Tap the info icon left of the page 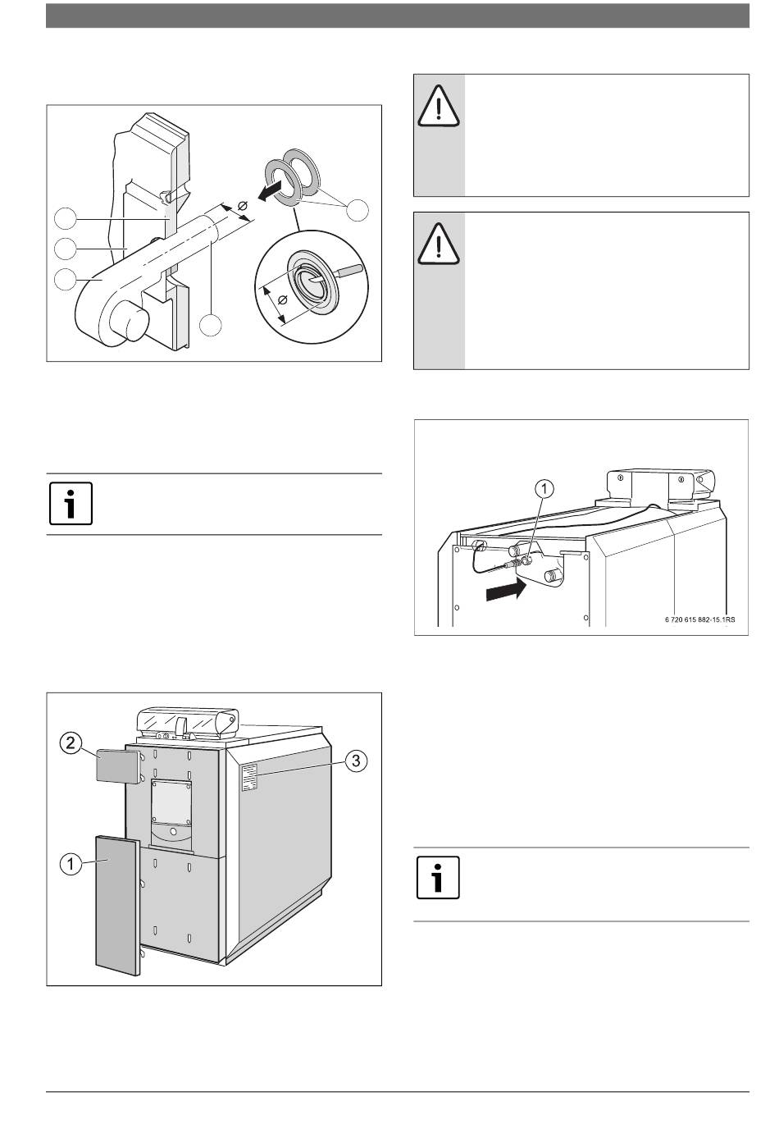(71, 504)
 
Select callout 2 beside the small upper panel (73, 745)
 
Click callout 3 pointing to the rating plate (354, 761)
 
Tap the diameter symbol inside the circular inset (283, 301)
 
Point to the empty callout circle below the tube (211, 324)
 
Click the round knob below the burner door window (173, 836)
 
